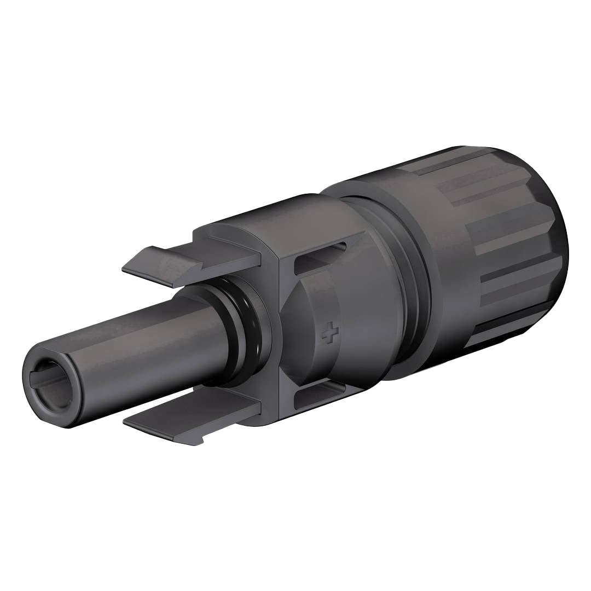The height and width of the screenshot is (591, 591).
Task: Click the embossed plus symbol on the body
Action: click(x=329, y=333)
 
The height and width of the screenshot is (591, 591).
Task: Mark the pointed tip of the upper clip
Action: click(x=125, y=269)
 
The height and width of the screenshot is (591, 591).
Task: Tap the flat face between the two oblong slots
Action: click(x=306, y=328)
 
